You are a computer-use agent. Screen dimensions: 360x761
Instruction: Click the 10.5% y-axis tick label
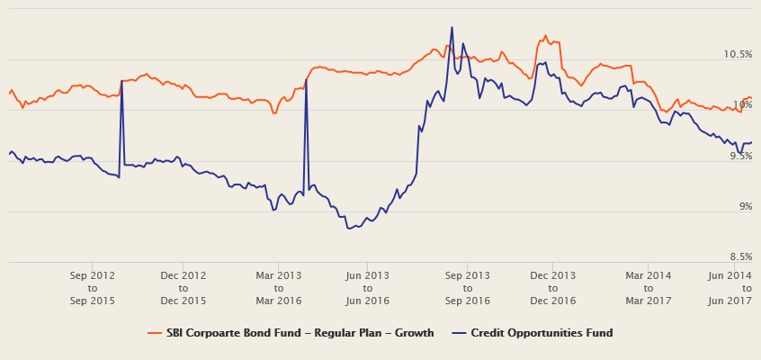click(738, 54)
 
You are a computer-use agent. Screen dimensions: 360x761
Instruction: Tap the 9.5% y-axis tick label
click(739, 156)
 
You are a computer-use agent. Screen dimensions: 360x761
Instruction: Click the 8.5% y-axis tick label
click(739, 257)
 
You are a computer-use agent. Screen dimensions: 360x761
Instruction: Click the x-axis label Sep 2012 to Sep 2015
click(92, 288)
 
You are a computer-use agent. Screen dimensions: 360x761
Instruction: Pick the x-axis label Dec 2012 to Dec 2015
click(184, 288)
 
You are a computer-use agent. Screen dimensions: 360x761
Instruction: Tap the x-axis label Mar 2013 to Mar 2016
click(279, 288)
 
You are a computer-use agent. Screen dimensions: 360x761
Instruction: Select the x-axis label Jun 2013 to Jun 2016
click(367, 288)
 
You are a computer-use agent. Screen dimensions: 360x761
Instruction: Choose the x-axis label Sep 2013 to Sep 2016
click(468, 288)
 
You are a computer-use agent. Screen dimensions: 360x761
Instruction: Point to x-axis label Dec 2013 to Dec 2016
click(552, 288)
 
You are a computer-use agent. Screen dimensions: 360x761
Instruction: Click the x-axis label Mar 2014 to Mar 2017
click(649, 288)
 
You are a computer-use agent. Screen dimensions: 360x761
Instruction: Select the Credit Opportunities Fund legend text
click(542, 333)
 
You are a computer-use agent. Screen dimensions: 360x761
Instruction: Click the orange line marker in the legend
click(154, 333)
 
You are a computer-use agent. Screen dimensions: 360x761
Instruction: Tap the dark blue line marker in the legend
click(459, 333)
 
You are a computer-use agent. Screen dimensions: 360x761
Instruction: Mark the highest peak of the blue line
click(452, 27)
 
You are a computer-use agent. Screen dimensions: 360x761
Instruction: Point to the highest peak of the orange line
click(545, 36)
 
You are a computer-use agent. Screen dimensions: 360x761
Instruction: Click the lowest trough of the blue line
click(349, 229)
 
